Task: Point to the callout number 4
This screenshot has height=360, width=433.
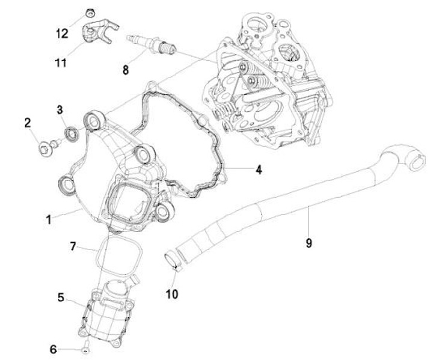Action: point(258,170)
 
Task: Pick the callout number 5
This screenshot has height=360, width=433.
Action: point(61,297)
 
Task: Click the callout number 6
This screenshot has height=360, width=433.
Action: point(53,349)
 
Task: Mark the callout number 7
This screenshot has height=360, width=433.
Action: point(73,246)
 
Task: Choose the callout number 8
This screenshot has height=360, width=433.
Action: point(125,70)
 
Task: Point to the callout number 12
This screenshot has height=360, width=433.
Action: point(62,33)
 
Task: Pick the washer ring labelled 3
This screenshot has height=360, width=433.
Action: point(71,131)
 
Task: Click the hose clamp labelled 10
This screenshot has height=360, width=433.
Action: point(172,260)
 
